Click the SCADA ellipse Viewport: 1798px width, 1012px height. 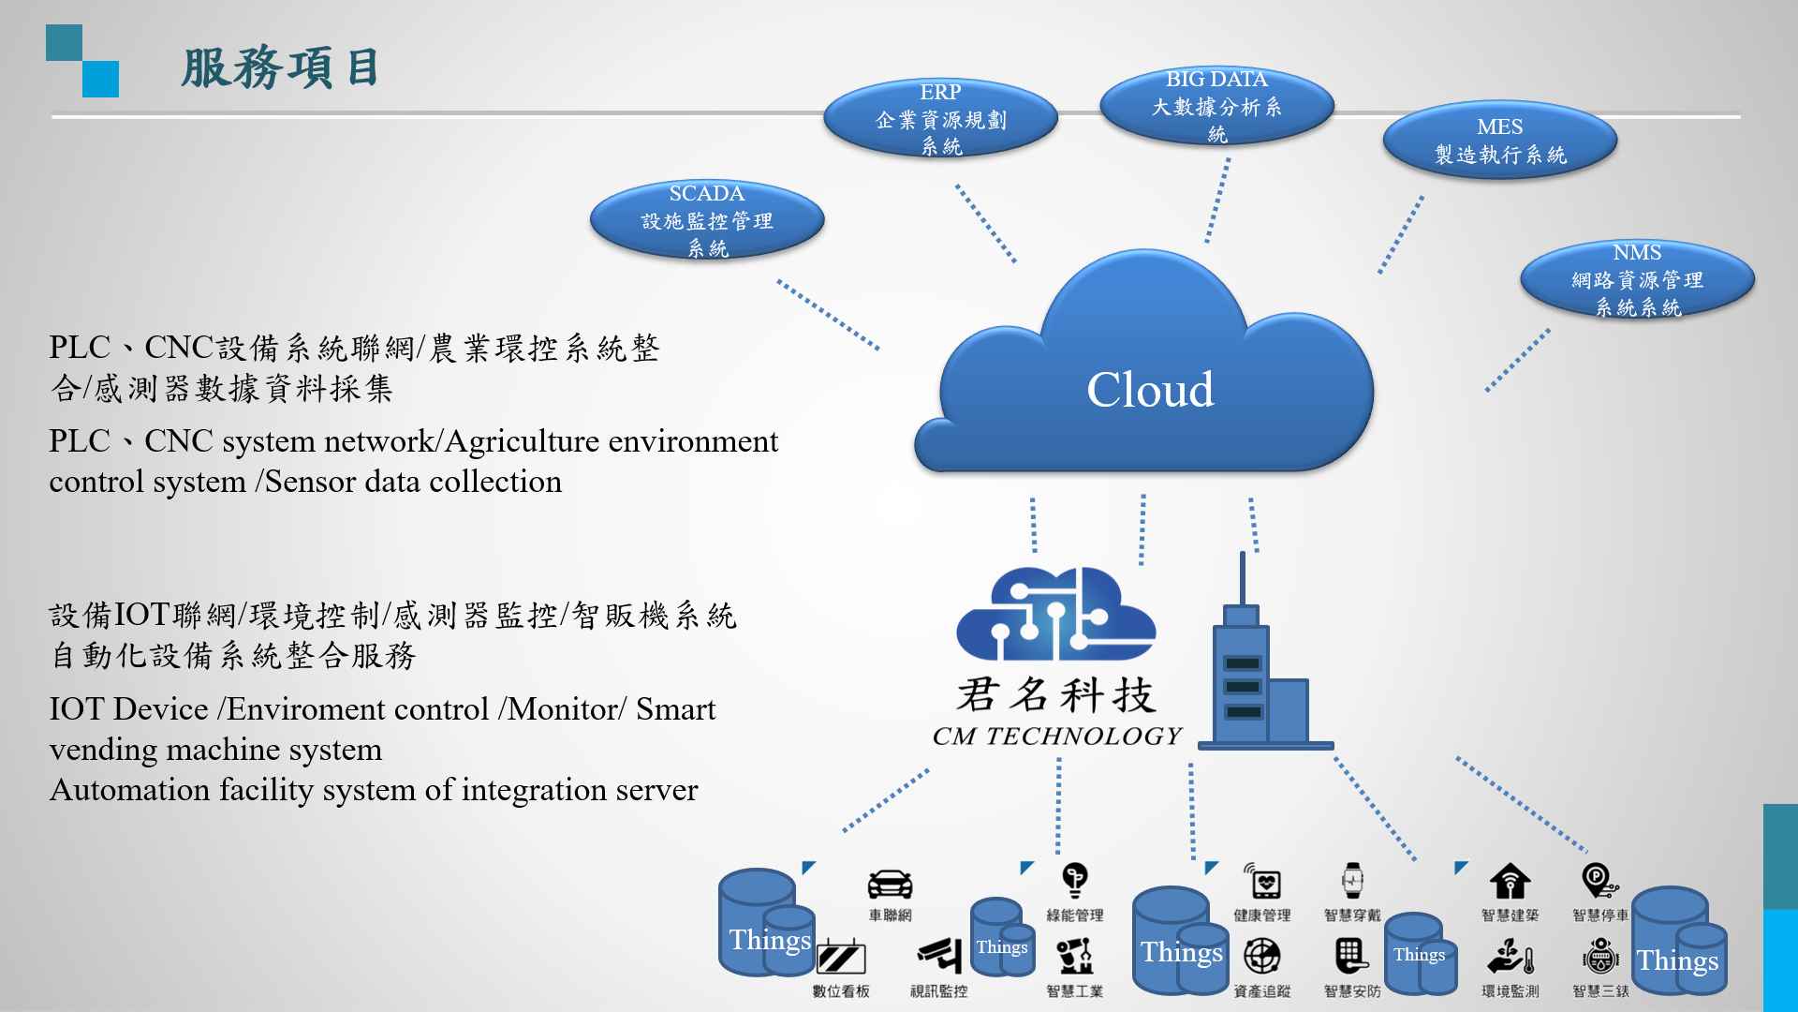click(x=707, y=220)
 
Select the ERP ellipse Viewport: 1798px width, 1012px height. click(x=940, y=118)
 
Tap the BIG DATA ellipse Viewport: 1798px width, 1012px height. click(x=1216, y=106)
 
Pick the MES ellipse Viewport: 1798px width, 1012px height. click(x=1499, y=140)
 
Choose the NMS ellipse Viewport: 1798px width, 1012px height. click(x=1637, y=279)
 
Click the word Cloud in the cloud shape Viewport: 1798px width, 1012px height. click(x=1150, y=389)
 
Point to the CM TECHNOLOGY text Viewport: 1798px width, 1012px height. click(x=1057, y=737)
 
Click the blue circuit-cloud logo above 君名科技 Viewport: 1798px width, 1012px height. click(x=1055, y=614)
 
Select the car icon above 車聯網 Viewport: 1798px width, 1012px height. click(x=890, y=884)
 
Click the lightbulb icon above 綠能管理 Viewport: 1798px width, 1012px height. click(x=1075, y=880)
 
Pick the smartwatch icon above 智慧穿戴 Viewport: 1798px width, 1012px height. click(x=1352, y=881)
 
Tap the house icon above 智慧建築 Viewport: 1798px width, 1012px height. click(x=1510, y=881)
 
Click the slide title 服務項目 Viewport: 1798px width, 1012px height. click(x=280, y=68)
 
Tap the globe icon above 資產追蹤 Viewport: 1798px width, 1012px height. click(x=1261, y=956)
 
